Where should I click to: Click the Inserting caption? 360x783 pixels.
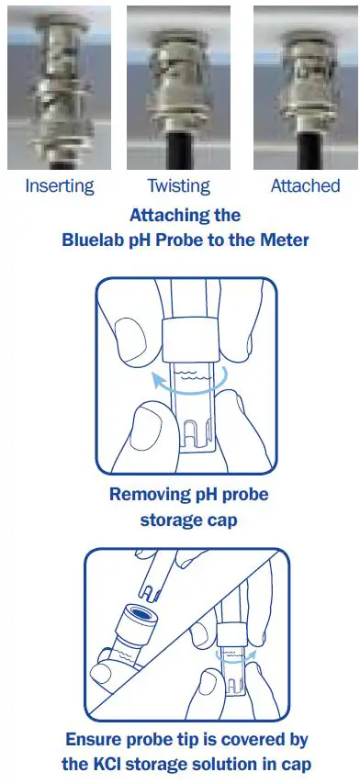coord(59,186)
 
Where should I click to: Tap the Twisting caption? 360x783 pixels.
coord(179,186)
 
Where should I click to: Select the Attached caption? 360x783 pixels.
coord(305,186)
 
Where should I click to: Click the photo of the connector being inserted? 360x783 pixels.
coord(59,88)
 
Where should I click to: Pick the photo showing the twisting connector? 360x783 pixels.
coord(178,88)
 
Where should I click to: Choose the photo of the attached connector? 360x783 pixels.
coord(304,88)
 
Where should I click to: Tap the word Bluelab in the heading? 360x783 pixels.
coord(93,240)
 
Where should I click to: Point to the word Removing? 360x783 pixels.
coord(144,495)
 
